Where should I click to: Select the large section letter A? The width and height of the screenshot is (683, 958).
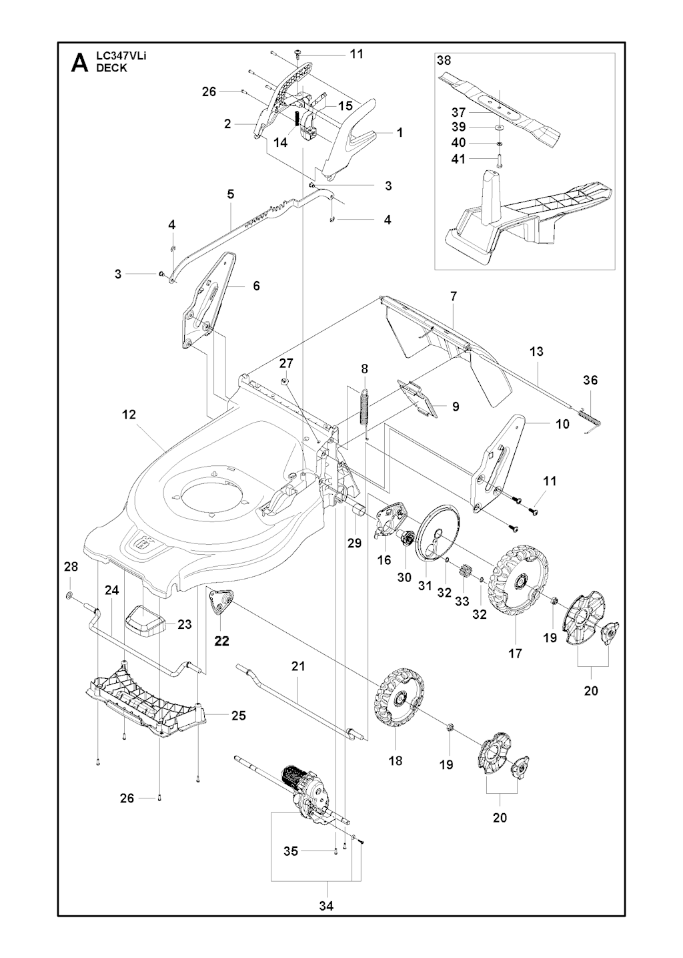click(79, 63)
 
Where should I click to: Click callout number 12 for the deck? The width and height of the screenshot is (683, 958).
click(129, 415)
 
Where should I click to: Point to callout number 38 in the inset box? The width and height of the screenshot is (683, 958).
click(444, 61)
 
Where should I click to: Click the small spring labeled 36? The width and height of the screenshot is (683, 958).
click(591, 419)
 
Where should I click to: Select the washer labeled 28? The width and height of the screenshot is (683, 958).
click(69, 595)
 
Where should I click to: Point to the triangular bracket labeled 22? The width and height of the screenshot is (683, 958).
click(221, 602)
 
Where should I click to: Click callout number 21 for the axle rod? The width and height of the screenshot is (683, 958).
click(298, 666)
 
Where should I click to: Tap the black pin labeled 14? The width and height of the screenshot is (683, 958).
click(295, 117)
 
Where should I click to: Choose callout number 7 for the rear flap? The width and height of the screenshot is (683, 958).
click(454, 296)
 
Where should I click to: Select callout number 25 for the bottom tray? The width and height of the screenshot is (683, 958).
click(239, 715)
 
